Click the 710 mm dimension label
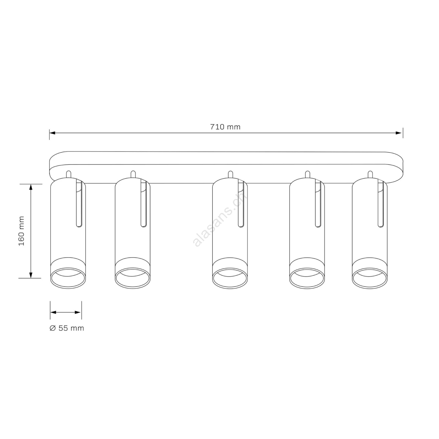(225, 127)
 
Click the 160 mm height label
(22, 231)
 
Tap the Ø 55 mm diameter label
(67, 328)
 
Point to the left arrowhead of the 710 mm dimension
(52, 133)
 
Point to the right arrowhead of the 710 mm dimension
(399, 133)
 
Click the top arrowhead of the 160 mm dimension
(31, 187)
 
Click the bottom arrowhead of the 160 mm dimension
(31, 275)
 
